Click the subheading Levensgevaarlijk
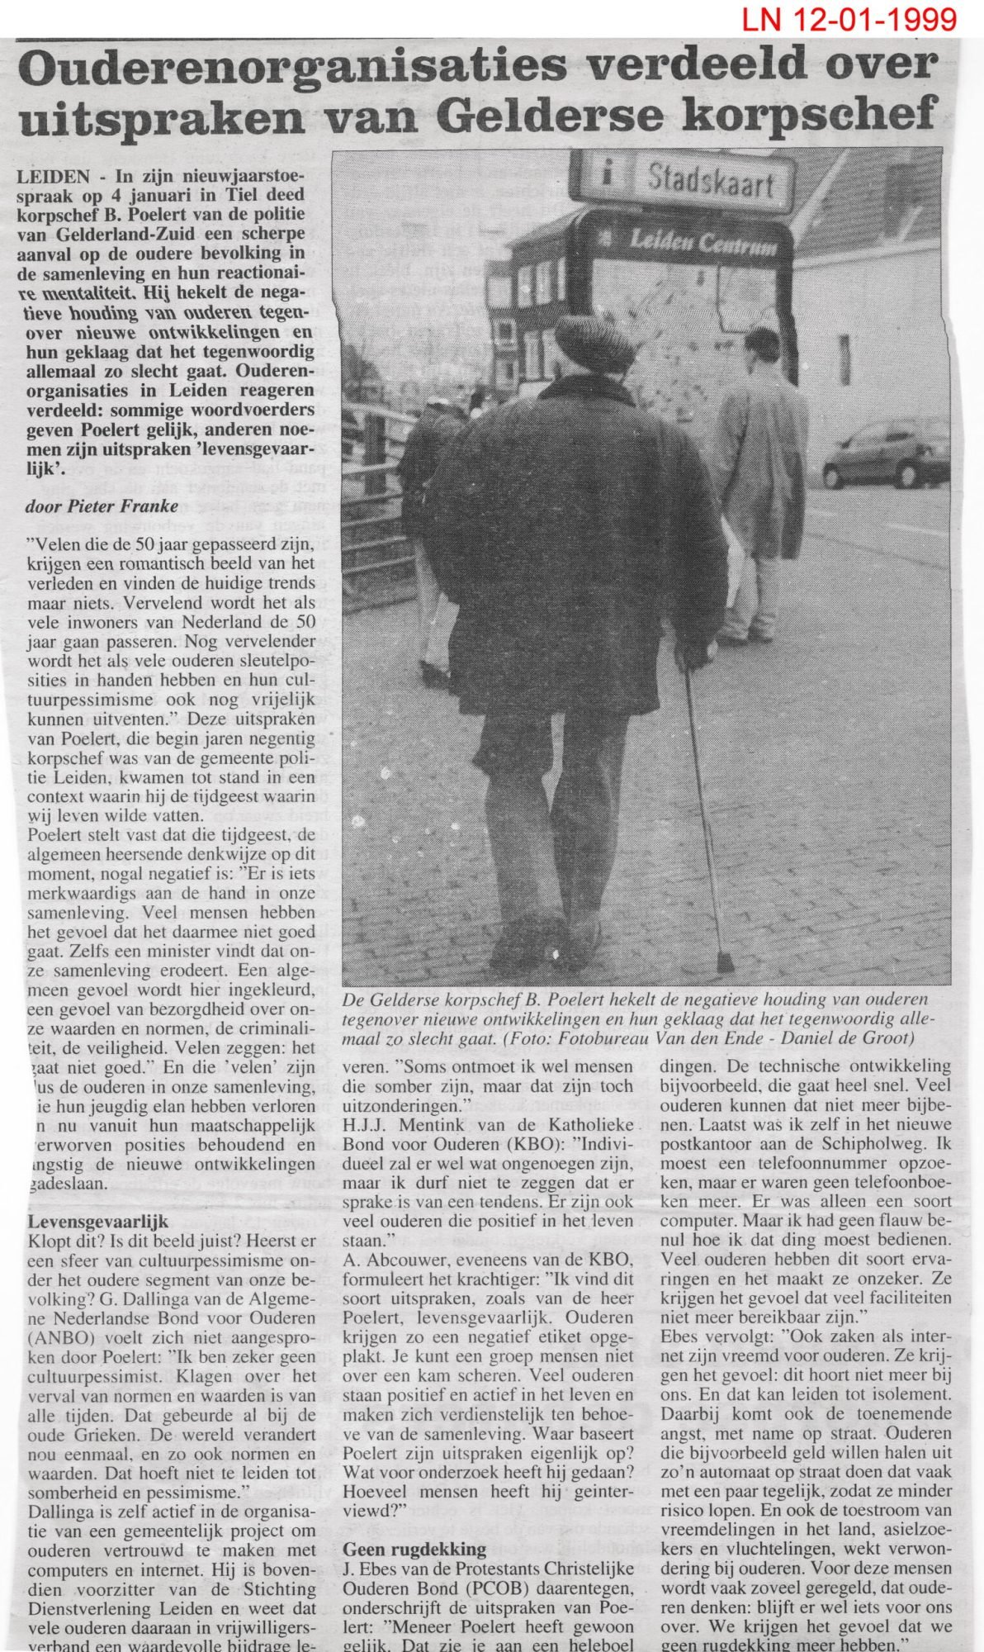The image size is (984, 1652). pos(98,1220)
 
